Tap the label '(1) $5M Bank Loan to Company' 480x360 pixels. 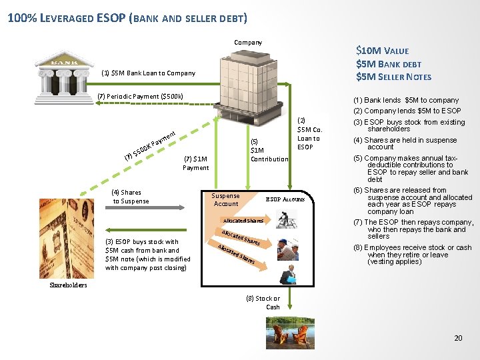pyautogui.click(x=148, y=73)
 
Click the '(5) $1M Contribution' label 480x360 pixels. pyautogui.click(x=269, y=151)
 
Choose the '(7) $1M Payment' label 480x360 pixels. pyautogui.click(x=196, y=163)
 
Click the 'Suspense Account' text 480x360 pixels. pyautogui.click(x=225, y=200)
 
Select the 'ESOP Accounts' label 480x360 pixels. pyautogui.click(x=285, y=199)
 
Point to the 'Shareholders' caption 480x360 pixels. pyautogui.click(x=69, y=285)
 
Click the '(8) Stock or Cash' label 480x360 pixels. pyautogui.click(x=273, y=303)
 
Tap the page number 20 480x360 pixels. pyautogui.click(x=458, y=339)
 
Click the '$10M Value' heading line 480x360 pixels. pyautogui.click(x=382, y=51)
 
